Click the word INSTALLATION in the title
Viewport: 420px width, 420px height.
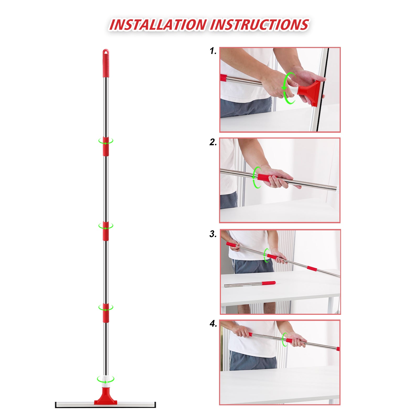pos(158,25)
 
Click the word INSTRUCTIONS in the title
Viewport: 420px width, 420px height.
pos(259,25)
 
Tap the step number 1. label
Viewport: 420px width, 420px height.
pos(213,51)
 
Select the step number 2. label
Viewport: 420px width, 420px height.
pos(213,142)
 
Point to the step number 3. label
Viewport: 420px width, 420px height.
pos(213,234)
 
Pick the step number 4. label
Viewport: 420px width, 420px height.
pos(213,324)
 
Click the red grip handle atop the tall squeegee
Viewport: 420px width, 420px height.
pos(105,63)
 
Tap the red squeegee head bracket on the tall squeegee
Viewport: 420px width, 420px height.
pos(106,396)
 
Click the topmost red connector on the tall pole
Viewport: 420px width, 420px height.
pos(106,146)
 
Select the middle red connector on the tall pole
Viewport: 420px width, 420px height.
pos(106,231)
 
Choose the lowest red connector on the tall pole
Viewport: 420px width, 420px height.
pos(106,313)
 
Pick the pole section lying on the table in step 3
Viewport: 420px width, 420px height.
pos(250,284)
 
